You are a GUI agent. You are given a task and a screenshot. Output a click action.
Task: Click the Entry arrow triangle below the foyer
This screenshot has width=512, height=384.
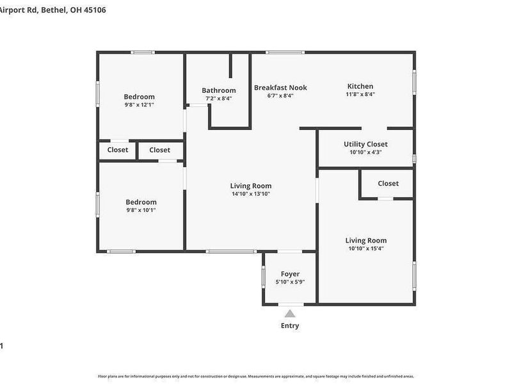pyautogui.click(x=290, y=314)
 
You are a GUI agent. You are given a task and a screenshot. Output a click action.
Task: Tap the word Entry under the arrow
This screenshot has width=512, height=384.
pyautogui.click(x=290, y=326)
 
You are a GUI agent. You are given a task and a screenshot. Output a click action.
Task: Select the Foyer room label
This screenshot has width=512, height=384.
pyautogui.click(x=290, y=274)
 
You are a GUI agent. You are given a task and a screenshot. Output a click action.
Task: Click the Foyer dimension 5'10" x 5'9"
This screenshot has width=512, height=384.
pyautogui.click(x=290, y=282)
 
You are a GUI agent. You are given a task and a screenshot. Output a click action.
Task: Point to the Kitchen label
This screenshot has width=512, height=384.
pyautogui.click(x=360, y=86)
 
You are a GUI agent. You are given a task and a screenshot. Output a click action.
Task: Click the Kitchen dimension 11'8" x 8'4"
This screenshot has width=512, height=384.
pyautogui.click(x=360, y=94)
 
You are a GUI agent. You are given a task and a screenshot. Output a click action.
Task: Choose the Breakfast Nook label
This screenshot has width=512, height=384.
pyautogui.click(x=280, y=88)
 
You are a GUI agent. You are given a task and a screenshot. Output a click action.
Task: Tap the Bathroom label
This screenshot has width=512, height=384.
pyautogui.click(x=219, y=90)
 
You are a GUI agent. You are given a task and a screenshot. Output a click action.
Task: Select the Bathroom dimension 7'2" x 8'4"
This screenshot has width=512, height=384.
pyautogui.click(x=219, y=99)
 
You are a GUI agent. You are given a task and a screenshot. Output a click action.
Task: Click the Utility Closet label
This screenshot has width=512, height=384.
pyautogui.click(x=365, y=144)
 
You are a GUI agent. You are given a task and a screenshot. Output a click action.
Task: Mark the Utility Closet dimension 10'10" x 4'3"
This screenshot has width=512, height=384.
pyautogui.click(x=365, y=152)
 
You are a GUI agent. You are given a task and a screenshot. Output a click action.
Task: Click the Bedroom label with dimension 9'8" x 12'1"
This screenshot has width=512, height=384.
pyautogui.click(x=139, y=97)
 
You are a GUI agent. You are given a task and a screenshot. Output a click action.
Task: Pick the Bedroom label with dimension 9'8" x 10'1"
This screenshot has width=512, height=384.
pyautogui.click(x=140, y=202)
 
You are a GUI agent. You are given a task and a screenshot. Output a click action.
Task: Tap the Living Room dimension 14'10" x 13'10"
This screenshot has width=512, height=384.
pyautogui.click(x=251, y=194)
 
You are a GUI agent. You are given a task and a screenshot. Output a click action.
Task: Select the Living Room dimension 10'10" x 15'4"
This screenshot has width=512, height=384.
pyautogui.click(x=367, y=248)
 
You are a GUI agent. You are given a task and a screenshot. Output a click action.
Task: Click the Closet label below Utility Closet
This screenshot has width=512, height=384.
pyautogui.click(x=388, y=183)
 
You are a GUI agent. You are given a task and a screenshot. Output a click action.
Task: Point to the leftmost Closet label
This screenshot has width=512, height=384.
pyautogui.click(x=118, y=150)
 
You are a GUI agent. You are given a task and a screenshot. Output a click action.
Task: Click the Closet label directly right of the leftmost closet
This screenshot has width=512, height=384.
pyautogui.click(x=159, y=150)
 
